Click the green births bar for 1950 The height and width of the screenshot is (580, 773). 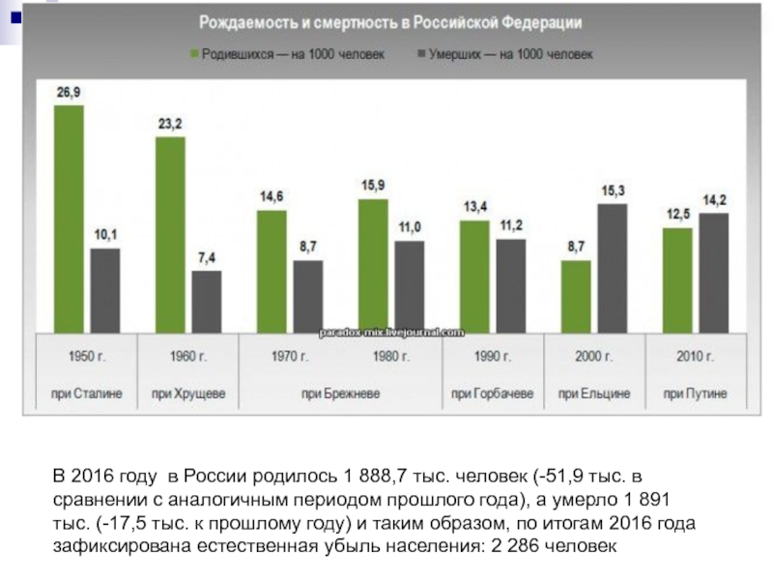pos(69,217)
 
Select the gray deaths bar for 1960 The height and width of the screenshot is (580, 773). pos(206,301)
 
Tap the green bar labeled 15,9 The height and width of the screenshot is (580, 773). pos(373,265)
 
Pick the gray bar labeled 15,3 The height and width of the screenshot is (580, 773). pos(612,267)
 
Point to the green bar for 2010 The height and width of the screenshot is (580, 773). pos(677,279)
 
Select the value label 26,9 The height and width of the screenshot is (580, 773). pos(69,93)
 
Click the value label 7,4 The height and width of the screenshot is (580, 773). pos(206,258)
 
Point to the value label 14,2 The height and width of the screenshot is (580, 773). pos(714,200)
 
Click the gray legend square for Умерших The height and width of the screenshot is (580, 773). pos(421,54)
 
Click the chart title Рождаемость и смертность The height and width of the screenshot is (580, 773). pos(390,22)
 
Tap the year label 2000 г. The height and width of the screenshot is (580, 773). pos(594,357)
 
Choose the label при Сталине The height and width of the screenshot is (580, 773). pos(87,394)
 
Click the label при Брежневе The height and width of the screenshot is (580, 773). pos(340,394)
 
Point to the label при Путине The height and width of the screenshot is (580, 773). pos(695,394)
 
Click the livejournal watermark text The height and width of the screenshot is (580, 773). pos(392,332)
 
